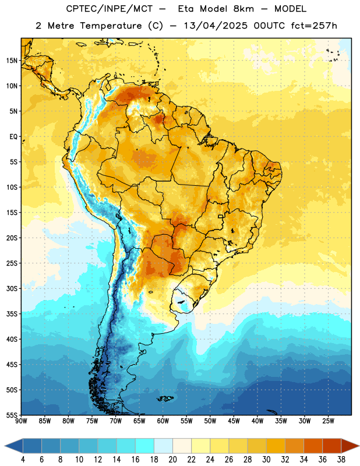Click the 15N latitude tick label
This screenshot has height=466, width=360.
click(12, 61)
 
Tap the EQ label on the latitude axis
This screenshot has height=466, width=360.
click(13, 137)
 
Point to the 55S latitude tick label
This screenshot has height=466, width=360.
click(12, 415)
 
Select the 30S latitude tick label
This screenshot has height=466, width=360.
click(12, 288)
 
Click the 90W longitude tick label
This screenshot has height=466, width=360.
click(21, 421)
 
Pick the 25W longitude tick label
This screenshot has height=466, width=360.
click(328, 421)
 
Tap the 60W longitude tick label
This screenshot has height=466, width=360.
click(163, 421)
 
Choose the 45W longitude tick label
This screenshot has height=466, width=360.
click(234, 421)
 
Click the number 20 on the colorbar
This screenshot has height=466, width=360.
click(172, 460)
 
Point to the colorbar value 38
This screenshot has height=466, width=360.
click(341, 460)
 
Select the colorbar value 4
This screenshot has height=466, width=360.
click(23, 460)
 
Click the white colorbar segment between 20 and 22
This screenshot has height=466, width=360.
click(182, 446)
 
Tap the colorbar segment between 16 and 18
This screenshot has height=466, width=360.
click(144, 446)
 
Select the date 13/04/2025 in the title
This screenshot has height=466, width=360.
click(216, 26)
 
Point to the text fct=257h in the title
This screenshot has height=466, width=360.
click(314, 26)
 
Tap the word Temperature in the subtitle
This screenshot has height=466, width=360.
click(111, 26)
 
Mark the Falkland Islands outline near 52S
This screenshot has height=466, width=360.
click(165, 398)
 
